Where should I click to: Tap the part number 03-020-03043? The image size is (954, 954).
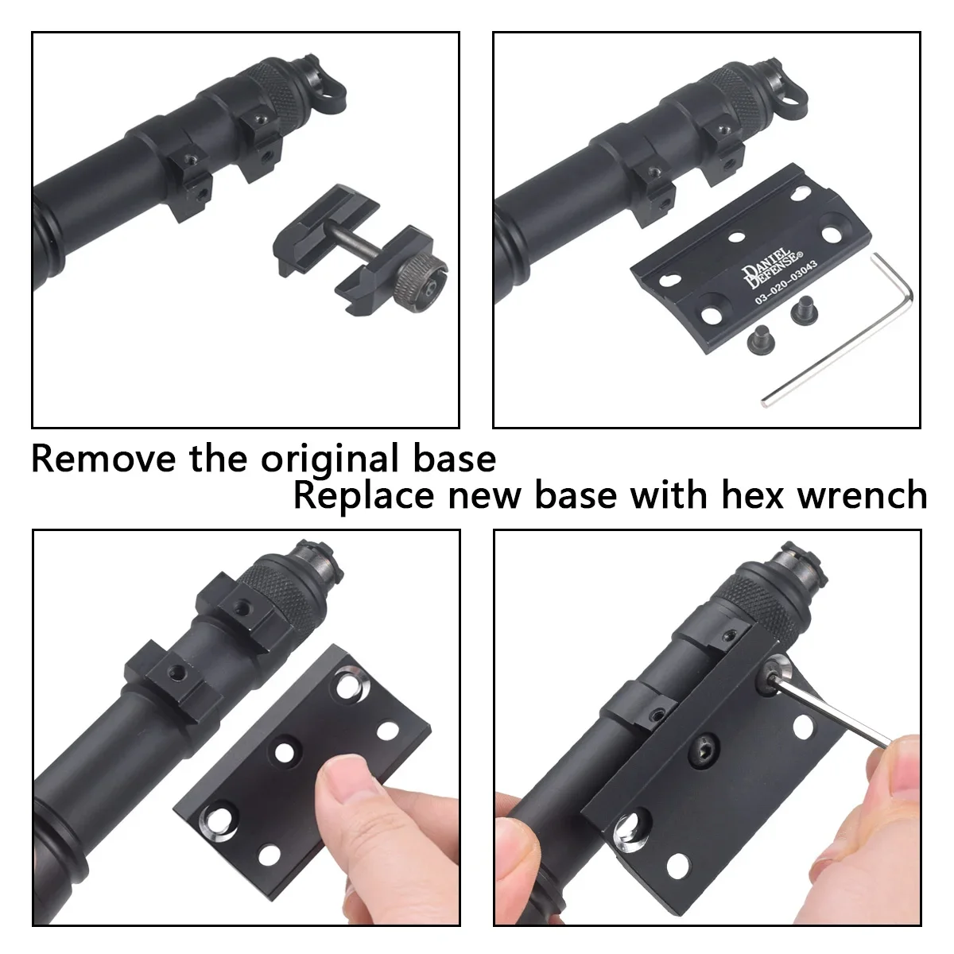[x=786, y=282]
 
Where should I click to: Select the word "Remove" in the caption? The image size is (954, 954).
[x=103, y=460]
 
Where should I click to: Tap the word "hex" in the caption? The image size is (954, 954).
[x=753, y=495]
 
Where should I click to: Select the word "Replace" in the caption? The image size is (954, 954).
[x=364, y=495]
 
